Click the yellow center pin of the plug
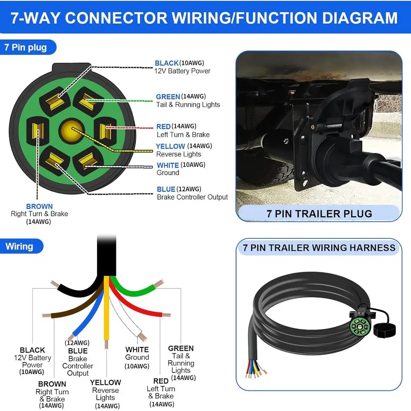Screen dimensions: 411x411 tap(70, 129)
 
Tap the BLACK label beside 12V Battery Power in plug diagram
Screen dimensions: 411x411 tap(166, 63)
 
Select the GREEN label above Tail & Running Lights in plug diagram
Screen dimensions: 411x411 tap(168, 97)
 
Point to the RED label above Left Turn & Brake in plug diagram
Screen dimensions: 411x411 tap(163, 127)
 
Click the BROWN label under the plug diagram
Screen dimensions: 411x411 tap(39, 206)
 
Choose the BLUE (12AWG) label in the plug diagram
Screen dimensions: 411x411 tap(166, 189)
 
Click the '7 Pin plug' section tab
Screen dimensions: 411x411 tap(25, 47)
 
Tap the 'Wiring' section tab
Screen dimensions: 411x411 tap(19, 247)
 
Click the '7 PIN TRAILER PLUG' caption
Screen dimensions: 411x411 tap(319, 214)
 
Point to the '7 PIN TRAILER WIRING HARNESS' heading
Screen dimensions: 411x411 tap(319, 248)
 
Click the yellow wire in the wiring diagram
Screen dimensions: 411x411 tap(107, 312)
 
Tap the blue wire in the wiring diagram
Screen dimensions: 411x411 tap(88, 312)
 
